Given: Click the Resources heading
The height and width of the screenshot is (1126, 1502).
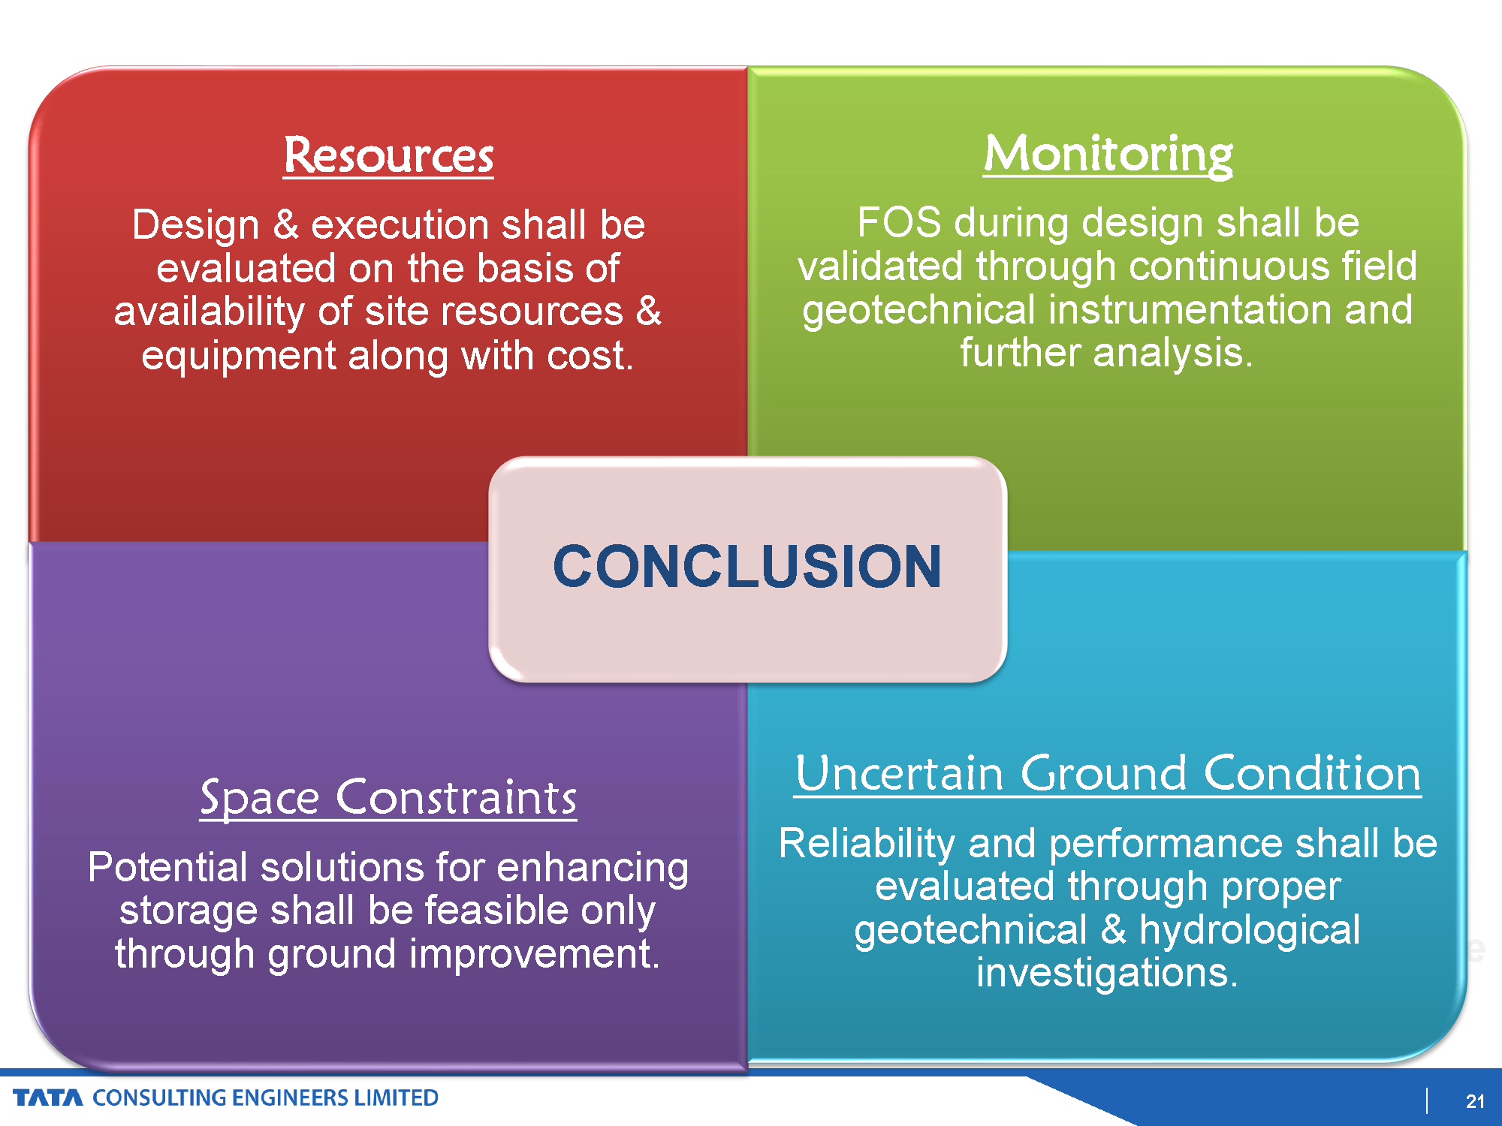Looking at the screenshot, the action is [388, 155].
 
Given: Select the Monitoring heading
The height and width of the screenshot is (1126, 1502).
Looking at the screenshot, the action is [1108, 155].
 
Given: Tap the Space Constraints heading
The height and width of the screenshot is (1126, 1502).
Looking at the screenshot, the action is [388, 797].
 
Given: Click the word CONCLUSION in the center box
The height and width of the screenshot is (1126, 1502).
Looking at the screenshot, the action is [747, 566].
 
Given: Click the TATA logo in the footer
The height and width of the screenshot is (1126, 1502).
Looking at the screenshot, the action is [48, 1098].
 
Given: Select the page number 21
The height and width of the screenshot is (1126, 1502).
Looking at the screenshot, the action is [1475, 1101].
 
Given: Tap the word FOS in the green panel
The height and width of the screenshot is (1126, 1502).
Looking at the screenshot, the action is [899, 222].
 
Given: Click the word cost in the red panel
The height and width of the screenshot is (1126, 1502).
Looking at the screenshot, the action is [590, 355].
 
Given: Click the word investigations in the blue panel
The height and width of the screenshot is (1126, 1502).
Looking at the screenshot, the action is [1107, 973].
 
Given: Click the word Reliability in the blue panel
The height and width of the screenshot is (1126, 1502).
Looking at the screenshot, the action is [867, 844].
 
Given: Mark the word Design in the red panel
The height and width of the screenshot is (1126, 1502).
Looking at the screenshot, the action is [196, 225].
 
